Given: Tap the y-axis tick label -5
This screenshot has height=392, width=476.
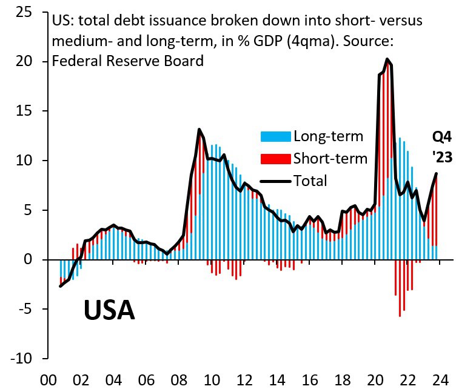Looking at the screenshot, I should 25,309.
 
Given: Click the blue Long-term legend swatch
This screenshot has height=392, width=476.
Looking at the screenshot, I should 275,136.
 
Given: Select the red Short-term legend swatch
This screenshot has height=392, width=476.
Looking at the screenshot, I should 275,159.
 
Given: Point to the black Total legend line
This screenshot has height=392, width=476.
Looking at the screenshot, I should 275,181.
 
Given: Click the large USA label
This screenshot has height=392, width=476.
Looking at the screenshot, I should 109,310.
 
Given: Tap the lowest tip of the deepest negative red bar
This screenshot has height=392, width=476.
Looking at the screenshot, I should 400,316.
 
